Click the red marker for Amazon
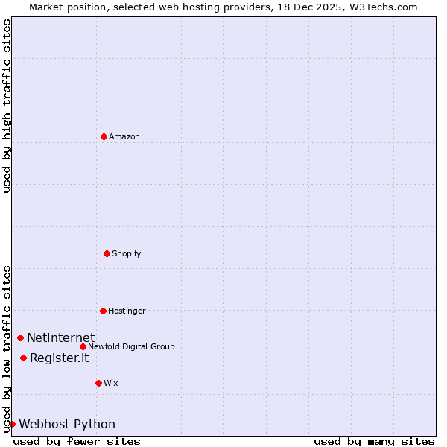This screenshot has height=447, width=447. (x=104, y=136)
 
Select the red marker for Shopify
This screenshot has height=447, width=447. (x=107, y=253)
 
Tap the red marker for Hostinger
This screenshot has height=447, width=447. (x=104, y=311)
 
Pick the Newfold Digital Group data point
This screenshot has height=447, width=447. (x=83, y=346)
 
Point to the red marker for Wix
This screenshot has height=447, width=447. (x=98, y=383)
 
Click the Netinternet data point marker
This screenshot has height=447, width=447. (x=21, y=337)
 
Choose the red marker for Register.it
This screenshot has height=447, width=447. (x=24, y=358)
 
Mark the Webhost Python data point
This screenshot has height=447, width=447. (x=13, y=424)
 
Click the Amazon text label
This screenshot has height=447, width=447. (x=124, y=137)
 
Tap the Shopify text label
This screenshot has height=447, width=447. (x=127, y=254)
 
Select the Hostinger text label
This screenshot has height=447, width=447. (x=127, y=311)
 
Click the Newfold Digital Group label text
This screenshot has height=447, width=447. (x=132, y=347)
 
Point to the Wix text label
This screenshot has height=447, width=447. (x=111, y=384)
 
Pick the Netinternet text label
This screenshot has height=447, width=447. (x=61, y=338)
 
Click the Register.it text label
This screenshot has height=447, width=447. (x=60, y=358)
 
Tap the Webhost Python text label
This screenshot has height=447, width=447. (x=67, y=425)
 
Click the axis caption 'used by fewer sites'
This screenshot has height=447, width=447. (x=77, y=441)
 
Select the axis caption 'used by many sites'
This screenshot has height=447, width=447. (x=374, y=441)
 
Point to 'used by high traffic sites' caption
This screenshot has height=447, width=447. (x=7, y=106)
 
